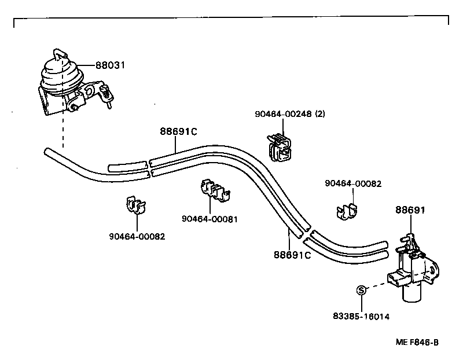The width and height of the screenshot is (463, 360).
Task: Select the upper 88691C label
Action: (179, 131)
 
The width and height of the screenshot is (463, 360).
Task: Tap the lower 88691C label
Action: (292, 254)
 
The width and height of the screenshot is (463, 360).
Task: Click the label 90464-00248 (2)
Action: (290, 114)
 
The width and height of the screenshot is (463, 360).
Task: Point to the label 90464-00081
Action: (210, 219)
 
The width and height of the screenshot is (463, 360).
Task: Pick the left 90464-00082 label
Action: (137, 236)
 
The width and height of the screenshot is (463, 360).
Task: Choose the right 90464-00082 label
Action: (353, 183)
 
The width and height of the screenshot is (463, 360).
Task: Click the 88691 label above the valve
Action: (410, 210)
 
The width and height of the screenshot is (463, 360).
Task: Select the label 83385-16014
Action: (361, 317)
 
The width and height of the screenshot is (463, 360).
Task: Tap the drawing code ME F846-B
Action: (417, 342)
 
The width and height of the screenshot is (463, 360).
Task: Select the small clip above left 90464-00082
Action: (136, 204)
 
